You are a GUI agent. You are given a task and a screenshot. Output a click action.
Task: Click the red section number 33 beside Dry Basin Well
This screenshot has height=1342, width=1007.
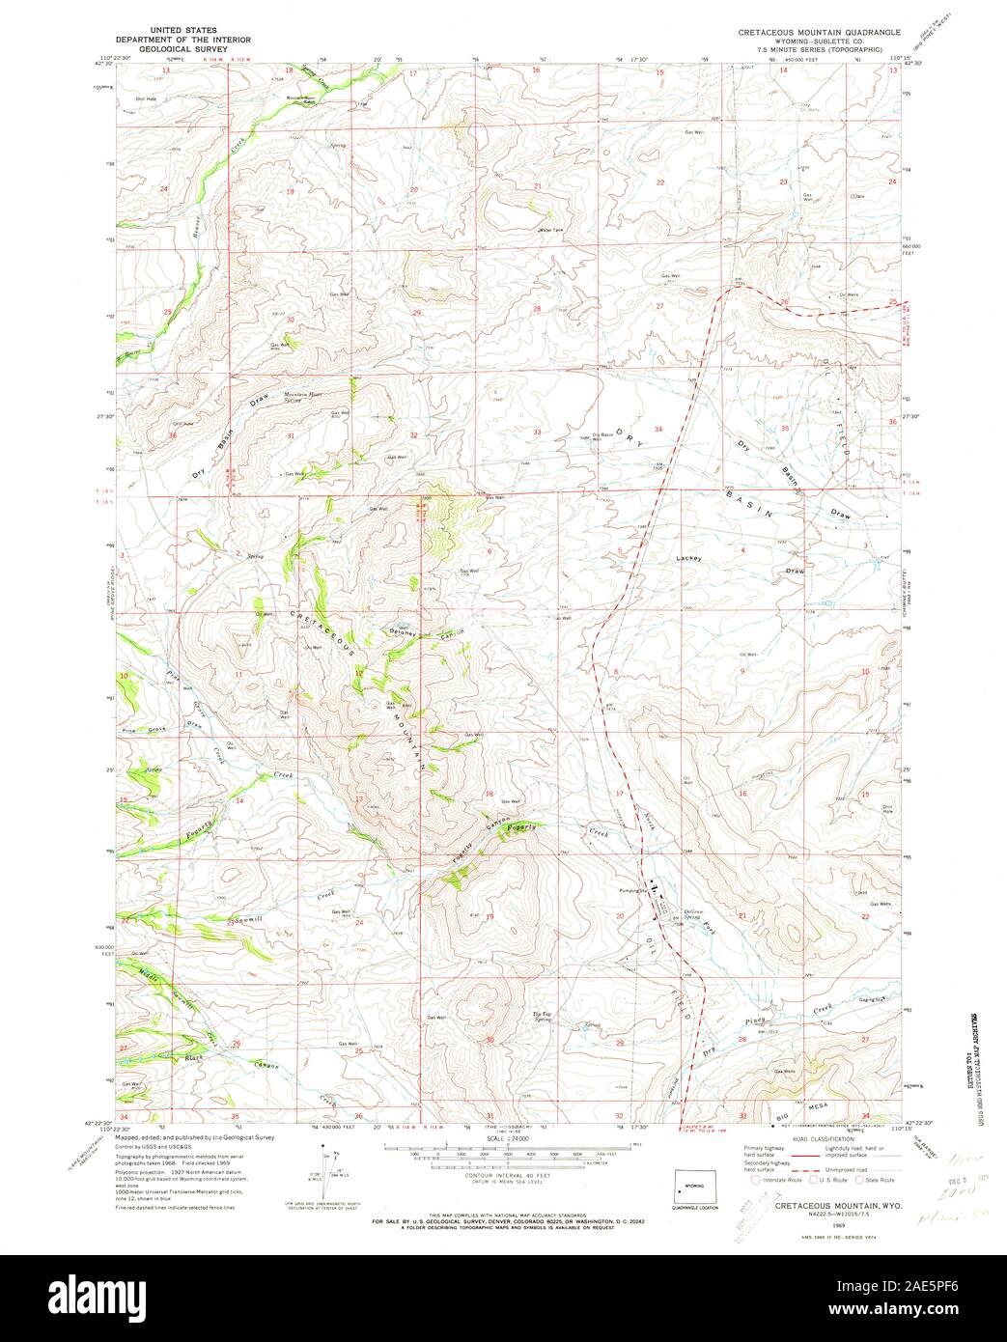[536, 432]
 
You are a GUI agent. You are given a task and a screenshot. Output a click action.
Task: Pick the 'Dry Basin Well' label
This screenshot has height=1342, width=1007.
[601, 435]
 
